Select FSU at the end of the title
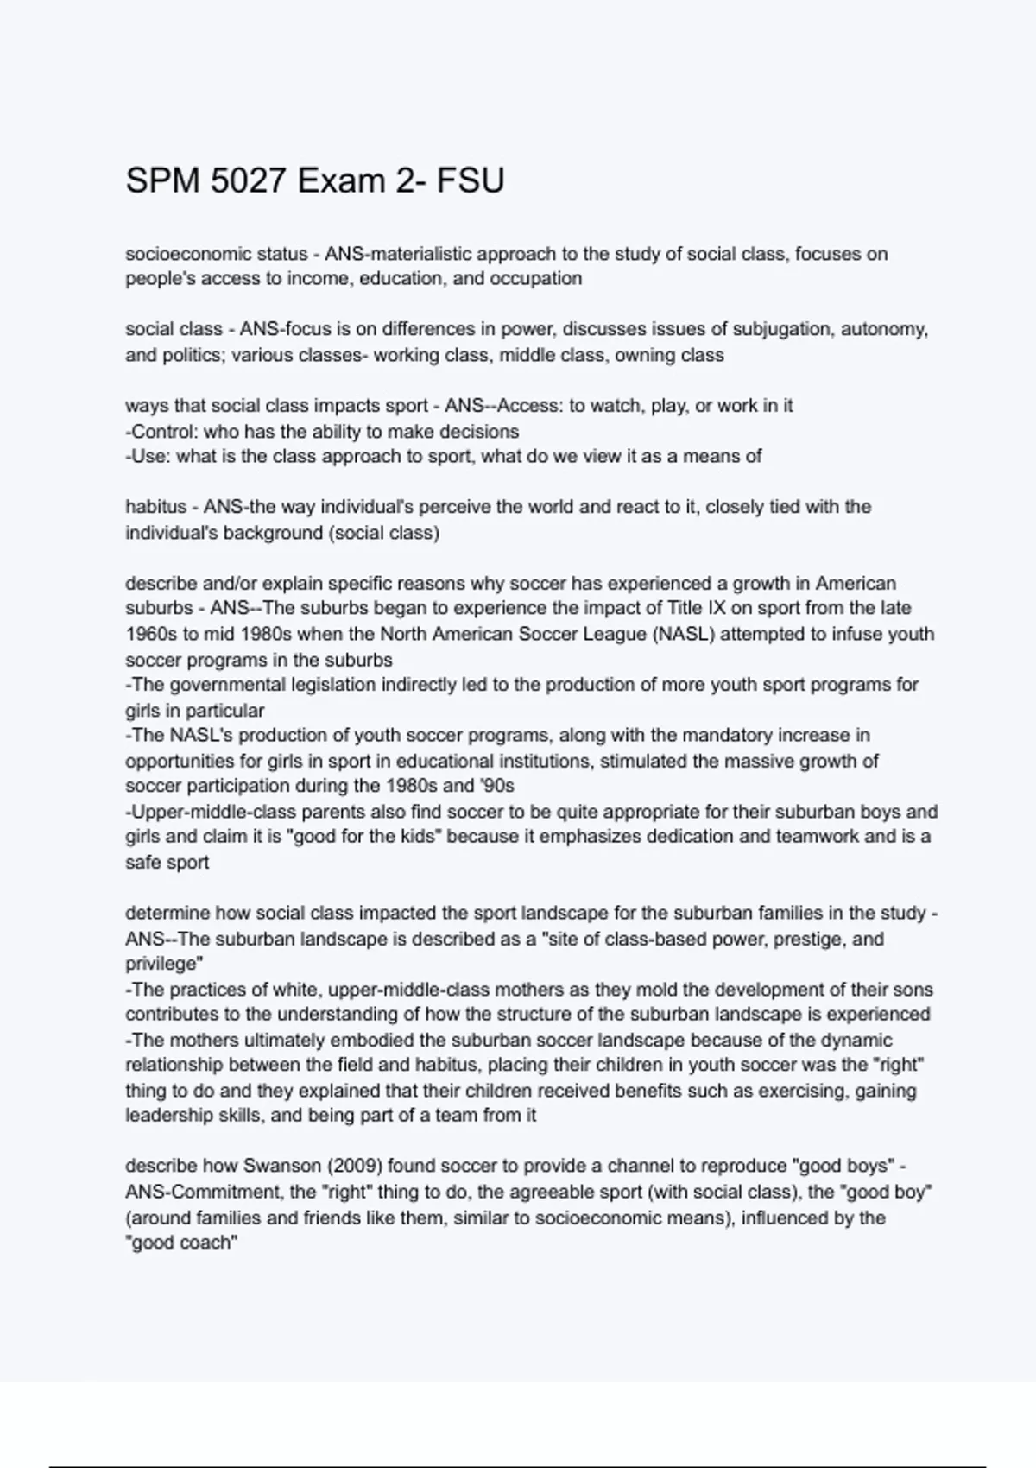(471, 181)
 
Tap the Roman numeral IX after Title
(716, 608)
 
